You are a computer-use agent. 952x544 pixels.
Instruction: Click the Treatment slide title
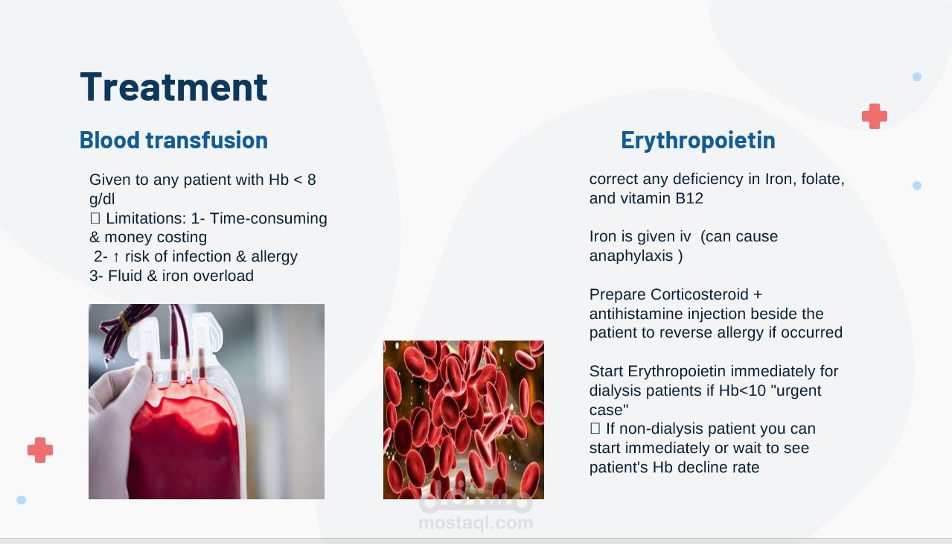(x=174, y=87)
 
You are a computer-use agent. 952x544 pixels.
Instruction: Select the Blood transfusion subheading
(x=174, y=140)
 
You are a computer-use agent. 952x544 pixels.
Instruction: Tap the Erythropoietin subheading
(x=698, y=140)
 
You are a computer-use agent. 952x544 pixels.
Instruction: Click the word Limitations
(x=146, y=218)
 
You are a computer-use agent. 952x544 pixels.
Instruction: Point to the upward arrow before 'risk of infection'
(x=116, y=256)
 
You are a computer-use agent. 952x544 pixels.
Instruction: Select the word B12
(x=689, y=198)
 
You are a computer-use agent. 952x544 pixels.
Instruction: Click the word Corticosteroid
(x=700, y=294)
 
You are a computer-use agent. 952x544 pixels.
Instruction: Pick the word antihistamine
(x=636, y=314)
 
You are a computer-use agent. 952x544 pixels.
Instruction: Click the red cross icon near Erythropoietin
(x=875, y=116)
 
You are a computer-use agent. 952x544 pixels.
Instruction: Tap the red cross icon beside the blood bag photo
(x=40, y=450)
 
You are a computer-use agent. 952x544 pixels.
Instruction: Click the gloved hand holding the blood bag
(x=119, y=421)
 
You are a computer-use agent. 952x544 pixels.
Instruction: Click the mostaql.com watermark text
(x=476, y=522)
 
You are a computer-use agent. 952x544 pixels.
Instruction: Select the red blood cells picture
(x=464, y=420)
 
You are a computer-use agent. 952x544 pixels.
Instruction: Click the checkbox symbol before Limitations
(x=95, y=218)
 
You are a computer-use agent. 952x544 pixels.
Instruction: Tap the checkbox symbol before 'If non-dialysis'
(x=595, y=428)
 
